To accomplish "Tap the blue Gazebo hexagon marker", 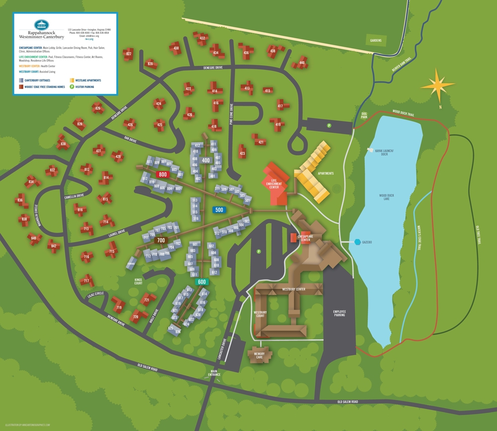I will [358, 242].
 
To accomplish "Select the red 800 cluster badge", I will [163, 174].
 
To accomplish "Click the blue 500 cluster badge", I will [219, 210].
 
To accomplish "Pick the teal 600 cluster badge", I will [202, 282].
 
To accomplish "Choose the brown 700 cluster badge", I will [161, 240].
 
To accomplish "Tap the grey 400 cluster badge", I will [206, 160].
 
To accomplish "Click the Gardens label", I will [375, 40].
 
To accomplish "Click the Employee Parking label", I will [340, 314].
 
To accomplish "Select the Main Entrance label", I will [214, 372].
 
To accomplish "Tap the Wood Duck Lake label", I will [387, 197].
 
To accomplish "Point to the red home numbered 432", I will [202, 38].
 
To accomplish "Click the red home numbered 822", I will [129, 54].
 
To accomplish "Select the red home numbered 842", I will [53, 246].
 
